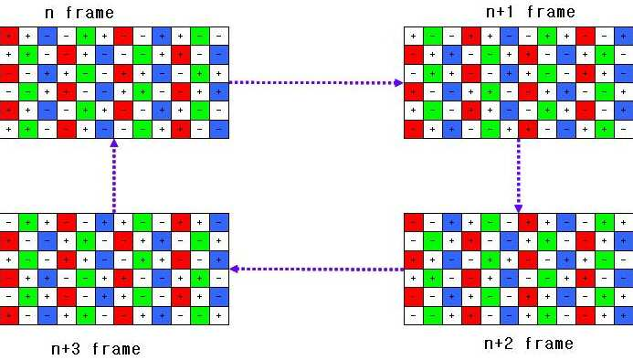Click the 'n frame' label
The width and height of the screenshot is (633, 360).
pos(79,13)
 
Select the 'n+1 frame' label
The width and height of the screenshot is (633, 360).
pos(531,12)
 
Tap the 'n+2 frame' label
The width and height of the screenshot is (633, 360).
pos(529,344)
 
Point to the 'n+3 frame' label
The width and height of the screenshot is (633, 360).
pos(96,349)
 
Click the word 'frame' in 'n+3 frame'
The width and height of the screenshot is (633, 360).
pos(117,349)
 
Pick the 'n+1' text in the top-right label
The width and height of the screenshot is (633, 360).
pos(500,12)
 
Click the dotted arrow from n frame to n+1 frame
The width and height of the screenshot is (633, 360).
pos(316,83)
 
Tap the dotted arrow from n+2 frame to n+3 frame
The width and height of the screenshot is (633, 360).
pos(316,270)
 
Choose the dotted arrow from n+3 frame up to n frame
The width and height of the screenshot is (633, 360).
pos(114,175)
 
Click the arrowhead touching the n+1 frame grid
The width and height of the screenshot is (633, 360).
pos(399,83)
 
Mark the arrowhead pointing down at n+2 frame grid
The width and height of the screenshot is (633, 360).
pos(519,208)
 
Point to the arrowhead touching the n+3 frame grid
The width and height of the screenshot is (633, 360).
pos(234,270)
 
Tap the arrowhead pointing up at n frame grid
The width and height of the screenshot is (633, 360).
pos(114,143)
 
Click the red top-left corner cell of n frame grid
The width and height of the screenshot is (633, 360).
pos(9,37)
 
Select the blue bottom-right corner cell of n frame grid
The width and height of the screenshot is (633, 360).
pos(219,130)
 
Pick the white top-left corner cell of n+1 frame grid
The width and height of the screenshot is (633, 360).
pos(414,37)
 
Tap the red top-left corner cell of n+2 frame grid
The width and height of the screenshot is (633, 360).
pos(414,223)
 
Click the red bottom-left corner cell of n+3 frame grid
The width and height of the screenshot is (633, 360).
pos(9,315)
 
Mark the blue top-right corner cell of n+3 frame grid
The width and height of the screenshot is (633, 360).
pos(219,223)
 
